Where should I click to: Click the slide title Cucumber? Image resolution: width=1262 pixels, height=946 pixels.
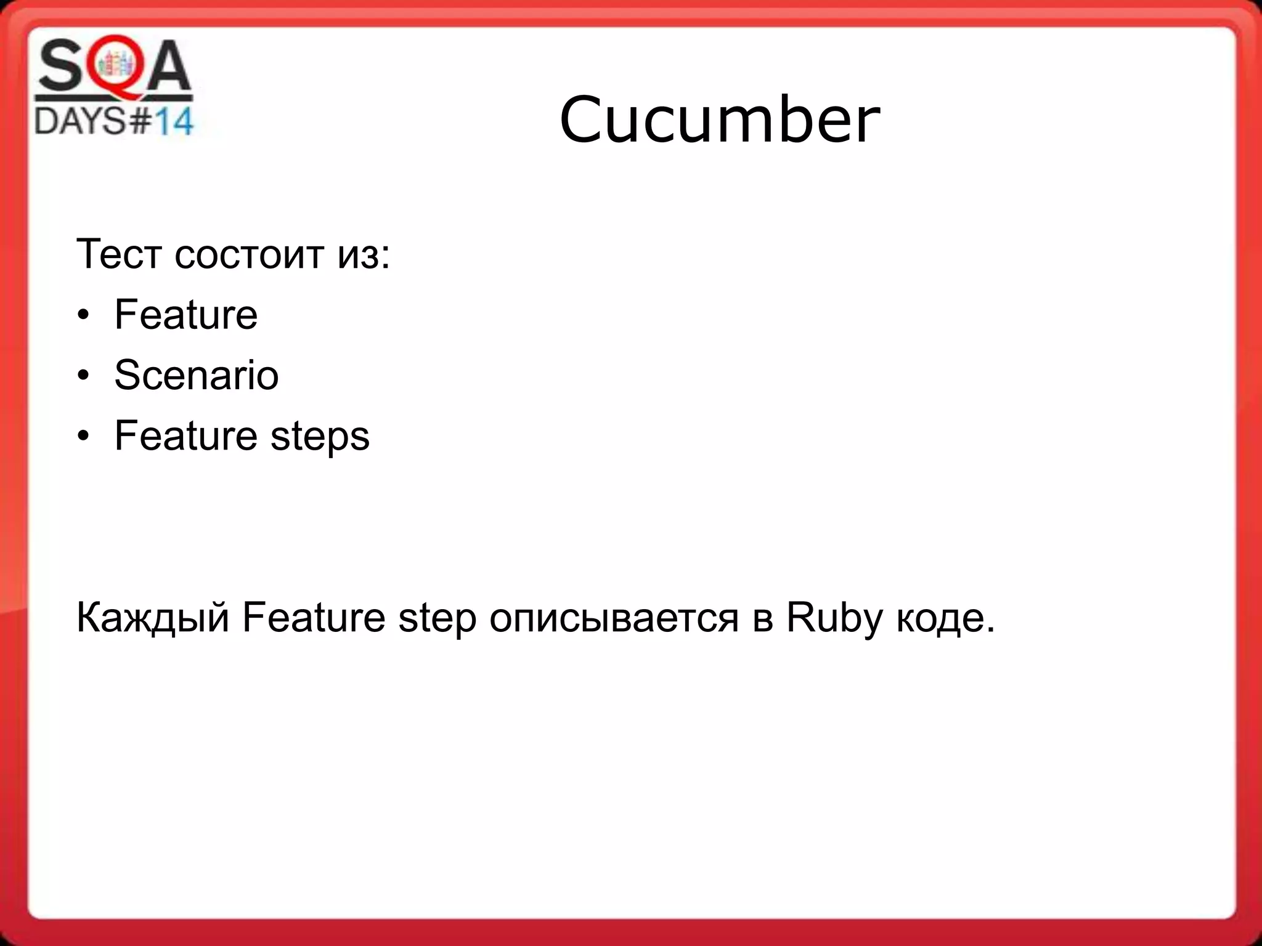tap(719, 119)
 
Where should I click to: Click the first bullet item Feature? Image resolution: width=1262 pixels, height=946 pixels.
tap(185, 314)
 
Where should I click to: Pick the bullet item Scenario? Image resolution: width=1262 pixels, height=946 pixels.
tap(196, 374)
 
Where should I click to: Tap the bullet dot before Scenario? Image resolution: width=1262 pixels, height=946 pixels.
tap(84, 376)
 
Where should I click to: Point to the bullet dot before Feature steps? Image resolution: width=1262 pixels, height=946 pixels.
tap(84, 437)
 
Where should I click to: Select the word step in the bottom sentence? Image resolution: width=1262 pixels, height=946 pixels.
tap(437, 618)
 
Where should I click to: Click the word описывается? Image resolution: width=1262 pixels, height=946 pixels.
tap(614, 618)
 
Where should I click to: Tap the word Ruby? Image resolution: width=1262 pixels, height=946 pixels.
tap(834, 618)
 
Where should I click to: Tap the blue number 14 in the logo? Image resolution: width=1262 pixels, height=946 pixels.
tap(173, 121)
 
